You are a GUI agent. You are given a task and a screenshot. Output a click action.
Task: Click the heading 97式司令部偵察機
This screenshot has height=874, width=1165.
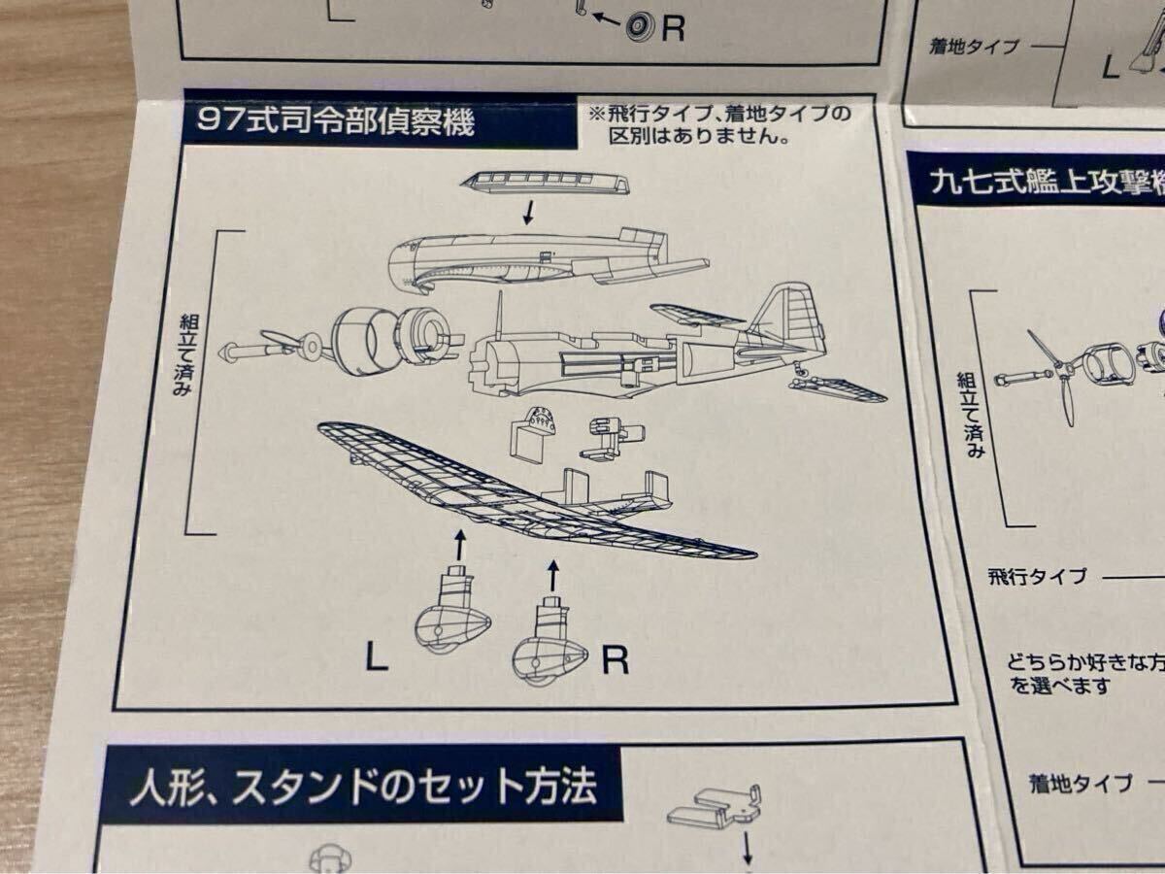tap(335, 123)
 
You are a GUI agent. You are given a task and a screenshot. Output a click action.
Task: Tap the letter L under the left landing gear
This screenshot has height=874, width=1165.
tap(377, 661)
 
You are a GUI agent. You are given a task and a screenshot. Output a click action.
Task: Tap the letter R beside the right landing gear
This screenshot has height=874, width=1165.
tap(616, 661)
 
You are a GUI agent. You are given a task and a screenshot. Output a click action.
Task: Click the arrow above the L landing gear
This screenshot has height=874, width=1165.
tap(459, 543)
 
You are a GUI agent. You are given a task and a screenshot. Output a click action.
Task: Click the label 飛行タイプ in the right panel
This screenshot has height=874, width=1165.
tap(1036, 577)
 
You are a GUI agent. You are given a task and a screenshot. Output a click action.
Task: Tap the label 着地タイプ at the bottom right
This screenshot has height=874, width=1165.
tap(1081, 783)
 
